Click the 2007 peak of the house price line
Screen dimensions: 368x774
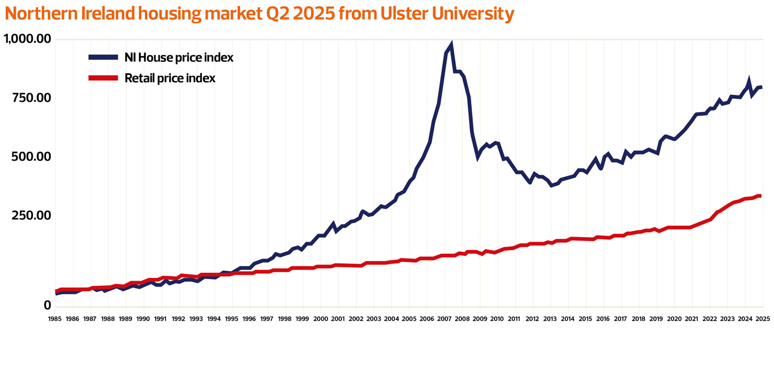451,44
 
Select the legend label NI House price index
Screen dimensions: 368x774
179,57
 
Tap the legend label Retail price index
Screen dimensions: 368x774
170,78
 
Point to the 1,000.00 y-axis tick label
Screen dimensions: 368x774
28,39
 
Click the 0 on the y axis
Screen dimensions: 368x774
47,306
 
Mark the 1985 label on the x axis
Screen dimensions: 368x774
55,319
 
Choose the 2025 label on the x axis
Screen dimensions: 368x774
762,319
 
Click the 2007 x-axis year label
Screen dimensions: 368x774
444,319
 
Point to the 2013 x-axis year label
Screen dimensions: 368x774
550,319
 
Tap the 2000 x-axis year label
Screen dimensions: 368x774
320,319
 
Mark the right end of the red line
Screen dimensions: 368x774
760,196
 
